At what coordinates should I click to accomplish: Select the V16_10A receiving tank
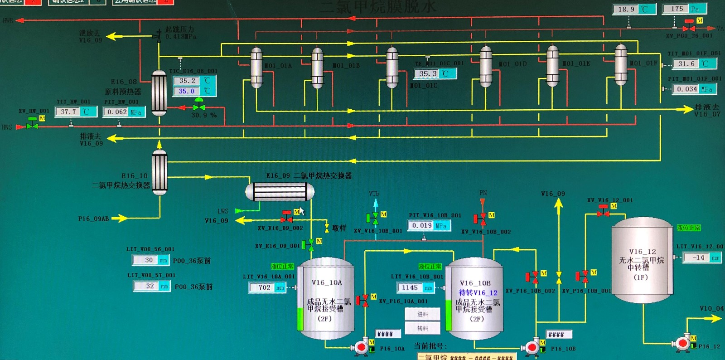pyautogui.click(x=326, y=299)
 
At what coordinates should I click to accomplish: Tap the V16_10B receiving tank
pyautogui.click(x=474, y=299)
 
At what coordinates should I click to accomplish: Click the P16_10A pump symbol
pyautogui.click(x=361, y=348)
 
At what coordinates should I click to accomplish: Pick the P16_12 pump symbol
pyautogui.click(x=682, y=344)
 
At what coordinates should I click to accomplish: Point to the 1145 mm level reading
pyautogui.click(x=410, y=287)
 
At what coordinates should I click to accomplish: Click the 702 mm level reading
pyautogui.click(x=265, y=287)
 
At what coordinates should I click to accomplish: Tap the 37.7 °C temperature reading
pyautogui.click(x=69, y=112)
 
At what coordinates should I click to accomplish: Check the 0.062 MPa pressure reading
pyautogui.click(x=117, y=112)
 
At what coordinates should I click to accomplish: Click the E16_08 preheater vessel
pyautogui.click(x=159, y=93)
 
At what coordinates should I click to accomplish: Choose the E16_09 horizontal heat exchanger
pyautogui.click(x=280, y=191)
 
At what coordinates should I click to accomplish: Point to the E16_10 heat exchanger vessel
pyautogui.click(x=159, y=172)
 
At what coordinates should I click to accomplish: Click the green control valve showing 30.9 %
pyautogui.click(x=198, y=107)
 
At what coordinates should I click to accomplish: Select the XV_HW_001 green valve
pyautogui.click(x=32, y=124)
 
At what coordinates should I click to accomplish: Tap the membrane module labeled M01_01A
pyautogui.click(x=256, y=68)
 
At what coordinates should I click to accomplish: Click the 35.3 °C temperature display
pyautogui.click(x=428, y=73)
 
